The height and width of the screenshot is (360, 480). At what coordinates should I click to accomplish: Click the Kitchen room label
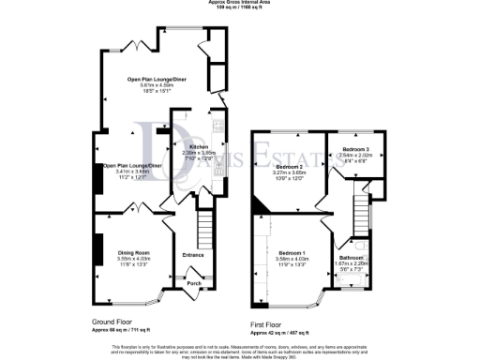coord(199,147)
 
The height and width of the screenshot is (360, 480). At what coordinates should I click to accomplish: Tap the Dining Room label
coord(134,253)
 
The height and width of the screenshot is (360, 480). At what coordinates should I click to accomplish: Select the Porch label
coord(195,282)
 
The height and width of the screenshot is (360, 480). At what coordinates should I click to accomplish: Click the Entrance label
coord(193,254)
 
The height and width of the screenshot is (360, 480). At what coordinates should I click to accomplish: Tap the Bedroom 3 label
coord(354,149)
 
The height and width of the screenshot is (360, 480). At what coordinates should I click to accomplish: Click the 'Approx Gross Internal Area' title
coord(240,3)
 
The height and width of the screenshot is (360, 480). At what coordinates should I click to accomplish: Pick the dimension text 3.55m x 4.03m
coord(134,260)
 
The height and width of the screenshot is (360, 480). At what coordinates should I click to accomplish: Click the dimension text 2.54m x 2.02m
coord(354,155)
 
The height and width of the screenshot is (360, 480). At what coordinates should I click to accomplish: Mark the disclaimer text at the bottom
coord(240,350)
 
